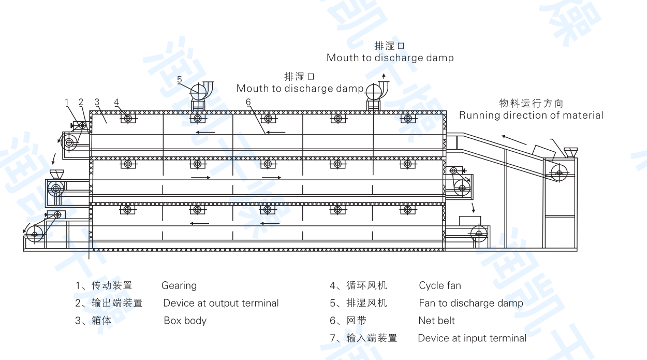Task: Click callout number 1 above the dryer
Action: [67, 102]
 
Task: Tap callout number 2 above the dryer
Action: [81, 102]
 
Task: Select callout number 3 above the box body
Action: [97, 102]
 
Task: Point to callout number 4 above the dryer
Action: [117, 102]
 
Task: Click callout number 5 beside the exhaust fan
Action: [180, 79]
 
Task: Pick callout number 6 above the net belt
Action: [248, 102]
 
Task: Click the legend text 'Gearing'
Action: [179, 285]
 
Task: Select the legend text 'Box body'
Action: [185, 321]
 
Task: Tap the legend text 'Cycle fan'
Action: [440, 285]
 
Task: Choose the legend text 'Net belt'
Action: [436, 321]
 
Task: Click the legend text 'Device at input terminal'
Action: [472, 338]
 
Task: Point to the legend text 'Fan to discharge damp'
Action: [471, 303]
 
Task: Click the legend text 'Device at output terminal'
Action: [221, 303]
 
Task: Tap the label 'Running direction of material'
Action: [531, 115]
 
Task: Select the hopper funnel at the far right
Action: [571, 152]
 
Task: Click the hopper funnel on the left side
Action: [56, 174]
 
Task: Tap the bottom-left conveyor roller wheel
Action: [35, 235]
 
